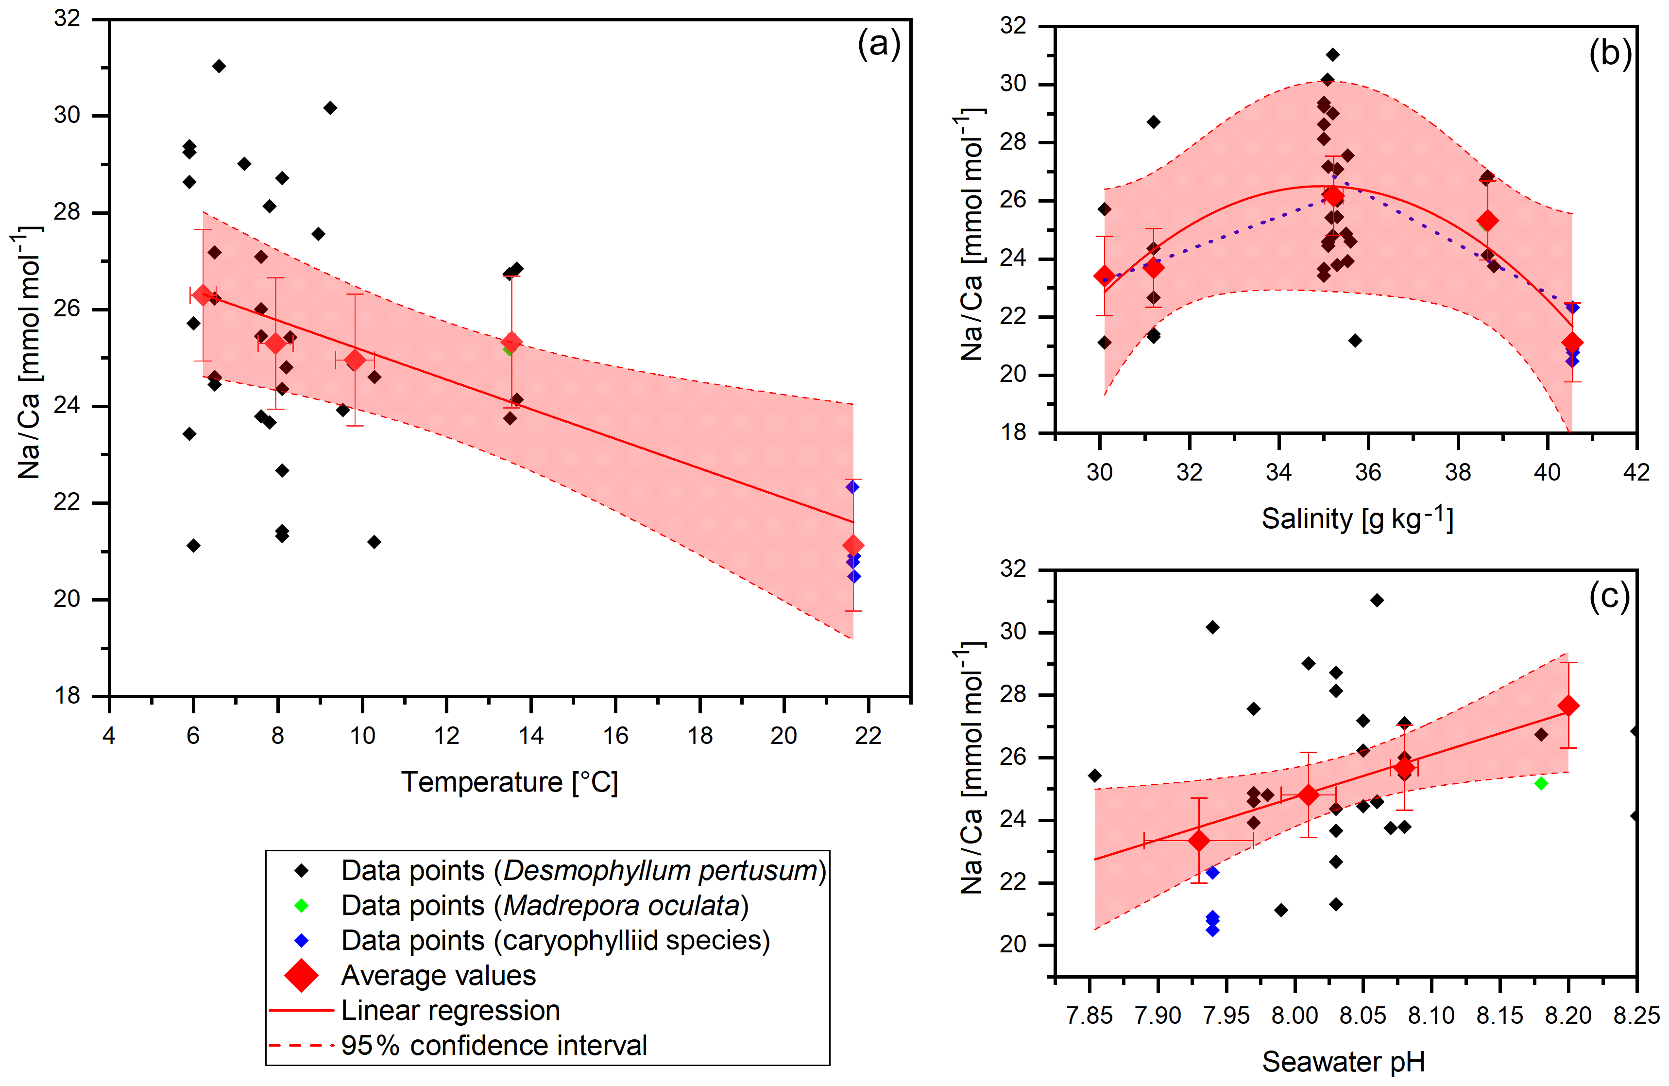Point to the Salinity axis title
point(1357,519)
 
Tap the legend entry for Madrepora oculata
point(544,906)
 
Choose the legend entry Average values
point(438,976)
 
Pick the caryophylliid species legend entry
point(555,941)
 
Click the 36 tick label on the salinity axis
point(1368,473)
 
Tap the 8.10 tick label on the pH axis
point(1431,1015)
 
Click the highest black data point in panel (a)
point(219,66)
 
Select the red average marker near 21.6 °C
point(853,545)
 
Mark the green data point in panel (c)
point(1541,783)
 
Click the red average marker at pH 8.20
point(1569,706)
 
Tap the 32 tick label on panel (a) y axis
point(68,19)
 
